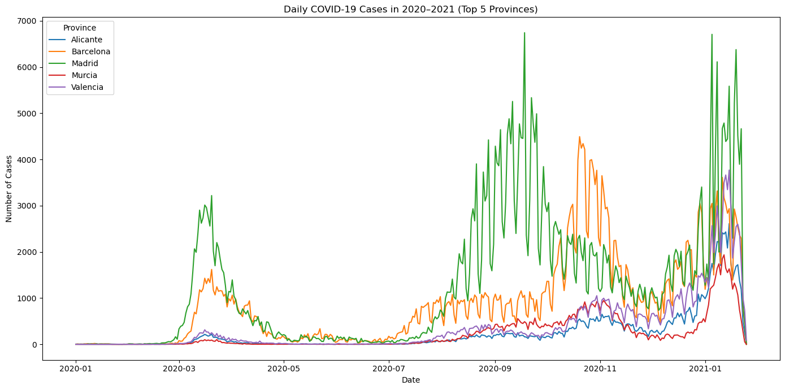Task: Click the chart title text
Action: point(410,9)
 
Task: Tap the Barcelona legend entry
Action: point(90,51)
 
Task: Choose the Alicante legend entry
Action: point(86,40)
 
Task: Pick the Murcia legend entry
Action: point(84,75)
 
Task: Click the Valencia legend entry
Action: point(87,87)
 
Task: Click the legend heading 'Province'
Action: point(80,28)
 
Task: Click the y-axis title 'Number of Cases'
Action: point(9,189)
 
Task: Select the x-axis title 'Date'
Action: point(410,380)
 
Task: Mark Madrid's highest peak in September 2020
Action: point(524,33)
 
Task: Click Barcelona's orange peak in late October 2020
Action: point(579,137)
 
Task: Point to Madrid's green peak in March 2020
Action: point(211,196)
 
